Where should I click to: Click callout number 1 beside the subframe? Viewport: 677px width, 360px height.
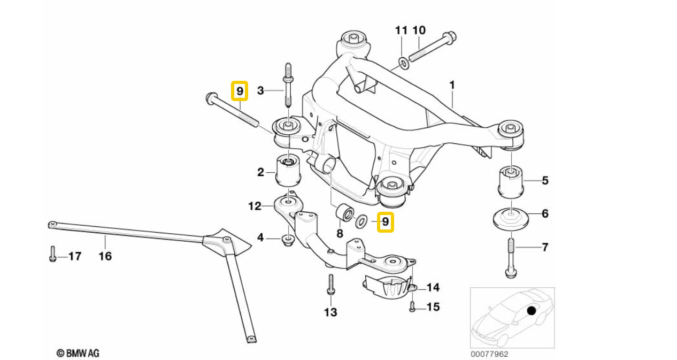[452, 85]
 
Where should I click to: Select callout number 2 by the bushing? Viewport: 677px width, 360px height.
[260, 172]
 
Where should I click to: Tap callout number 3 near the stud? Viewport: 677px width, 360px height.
[260, 91]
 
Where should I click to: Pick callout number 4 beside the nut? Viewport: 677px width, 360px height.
[260, 236]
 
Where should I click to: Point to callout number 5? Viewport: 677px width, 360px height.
[545, 180]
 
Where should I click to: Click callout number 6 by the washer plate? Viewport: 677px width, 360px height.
[545, 214]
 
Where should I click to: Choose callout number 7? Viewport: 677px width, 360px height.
[545, 247]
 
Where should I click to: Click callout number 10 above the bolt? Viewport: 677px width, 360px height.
[419, 29]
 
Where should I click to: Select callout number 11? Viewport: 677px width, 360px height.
[401, 29]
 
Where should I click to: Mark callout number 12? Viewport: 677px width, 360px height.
[254, 205]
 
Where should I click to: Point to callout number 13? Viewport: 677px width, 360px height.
[330, 312]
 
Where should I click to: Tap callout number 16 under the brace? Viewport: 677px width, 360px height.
[105, 256]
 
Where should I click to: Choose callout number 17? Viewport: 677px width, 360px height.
[75, 256]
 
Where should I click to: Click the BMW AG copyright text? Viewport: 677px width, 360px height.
[78, 353]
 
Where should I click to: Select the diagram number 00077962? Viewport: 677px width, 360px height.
[489, 354]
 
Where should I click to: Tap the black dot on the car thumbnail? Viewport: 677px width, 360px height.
[531, 311]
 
